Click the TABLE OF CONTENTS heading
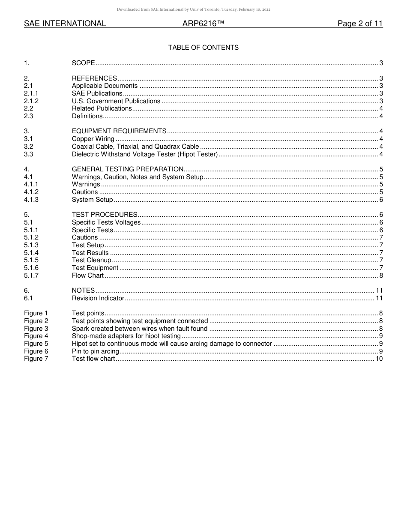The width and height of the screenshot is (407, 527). click(203, 48)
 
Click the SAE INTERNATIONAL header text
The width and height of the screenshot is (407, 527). click(65, 24)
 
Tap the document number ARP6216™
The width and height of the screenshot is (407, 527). click(203, 24)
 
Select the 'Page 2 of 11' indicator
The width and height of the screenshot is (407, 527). click(360, 24)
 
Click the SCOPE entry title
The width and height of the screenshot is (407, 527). click(83, 63)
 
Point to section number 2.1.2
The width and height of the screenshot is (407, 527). click(31, 101)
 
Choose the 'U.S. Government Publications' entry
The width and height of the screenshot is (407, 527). click(116, 101)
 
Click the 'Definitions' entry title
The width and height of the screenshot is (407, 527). click(87, 116)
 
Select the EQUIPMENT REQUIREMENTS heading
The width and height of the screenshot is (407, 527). click(119, 131)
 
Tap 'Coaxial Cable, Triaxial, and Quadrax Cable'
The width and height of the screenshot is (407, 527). click(135, 147)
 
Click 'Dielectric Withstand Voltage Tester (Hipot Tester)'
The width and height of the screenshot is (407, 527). click(145, 154)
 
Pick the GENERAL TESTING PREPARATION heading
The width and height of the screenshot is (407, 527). click(128, 169)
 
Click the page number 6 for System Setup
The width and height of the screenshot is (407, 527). click(381, 200)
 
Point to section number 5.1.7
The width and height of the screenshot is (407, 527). click(31, 275)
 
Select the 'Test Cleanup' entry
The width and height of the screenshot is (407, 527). click(91, 260)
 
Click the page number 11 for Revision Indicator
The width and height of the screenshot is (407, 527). click(379, 298)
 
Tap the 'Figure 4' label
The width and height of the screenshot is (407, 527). click(36, 336)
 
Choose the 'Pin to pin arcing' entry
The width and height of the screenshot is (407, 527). click(96, 351)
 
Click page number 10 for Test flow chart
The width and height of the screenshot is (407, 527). click(379, 359)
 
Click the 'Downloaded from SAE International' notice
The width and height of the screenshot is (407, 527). click(193, 9)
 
